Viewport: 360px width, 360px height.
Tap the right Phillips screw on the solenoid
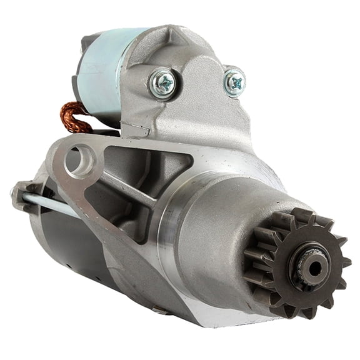(235, 81)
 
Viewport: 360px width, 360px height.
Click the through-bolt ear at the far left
(22, 194)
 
